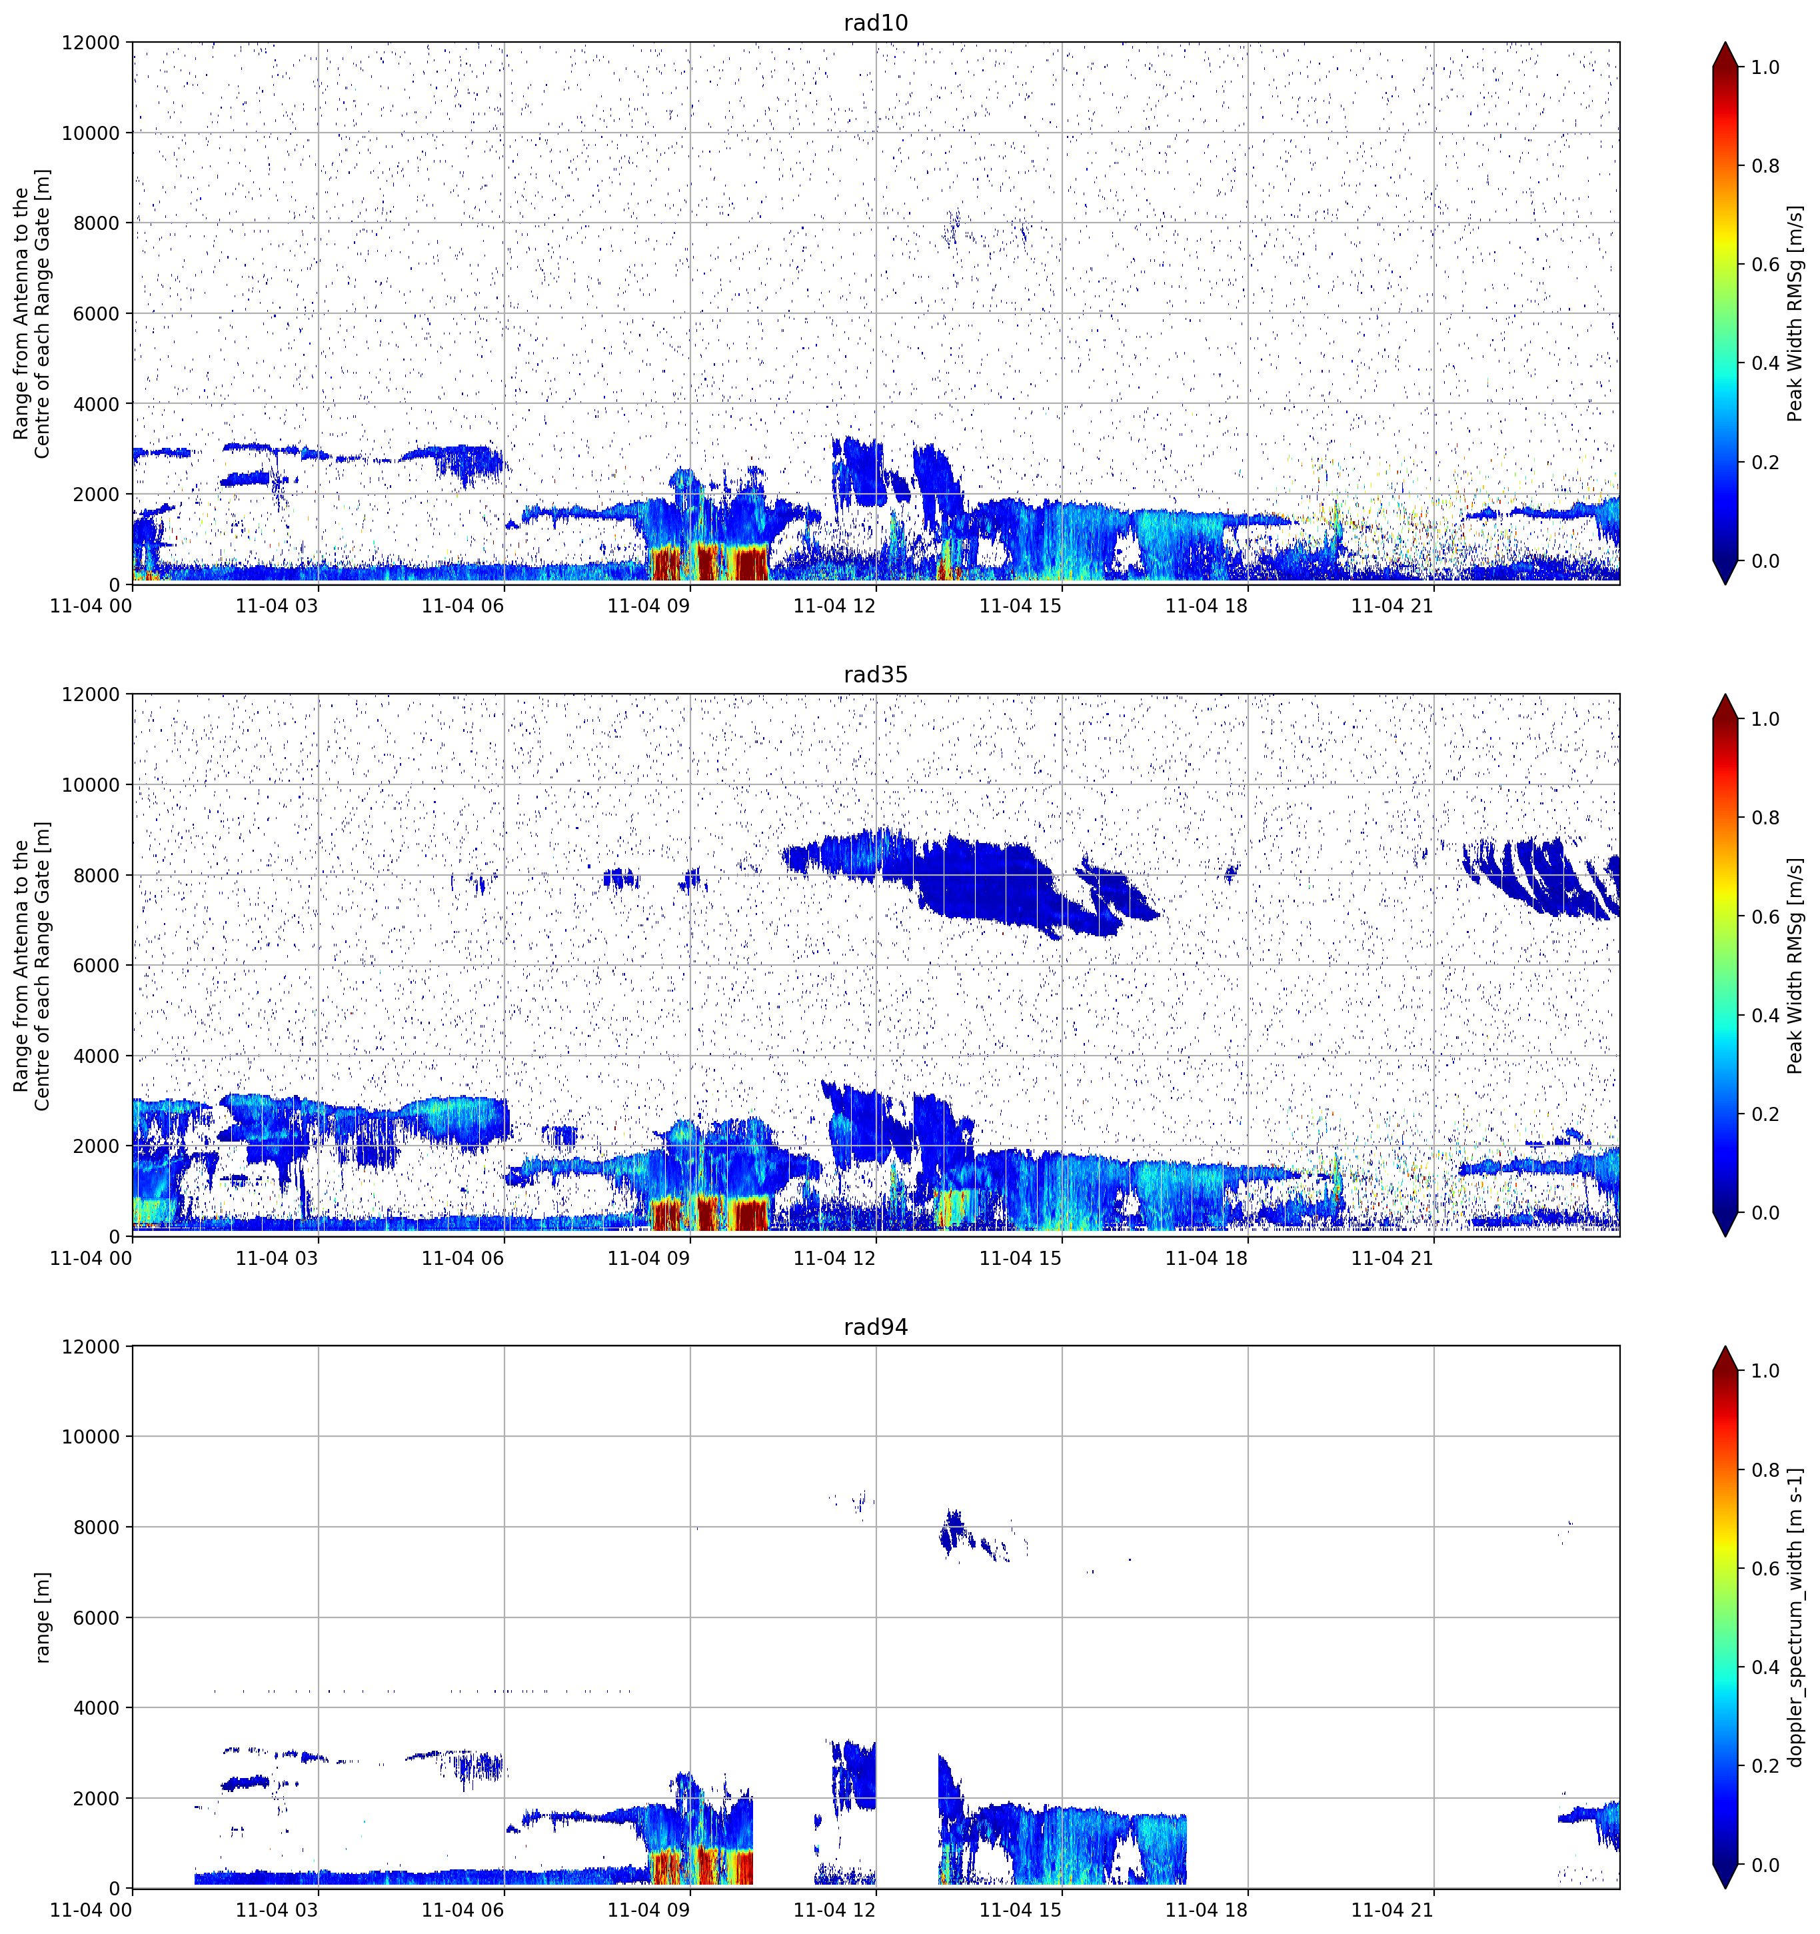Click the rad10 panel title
coord(876,23)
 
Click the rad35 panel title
coord(876,674)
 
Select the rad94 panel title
coord(876,1327)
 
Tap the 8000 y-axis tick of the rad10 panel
coord(97,223)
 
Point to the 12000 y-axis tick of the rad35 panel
coord(91,694)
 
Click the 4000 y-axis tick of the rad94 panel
coord(97,1708)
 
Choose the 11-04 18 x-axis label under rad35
coord(1206,1258)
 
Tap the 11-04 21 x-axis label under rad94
coord(1392,1910)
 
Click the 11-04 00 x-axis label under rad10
coord(91,606)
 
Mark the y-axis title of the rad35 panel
coord(31,965)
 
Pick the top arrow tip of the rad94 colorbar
coord(1725,1348)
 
